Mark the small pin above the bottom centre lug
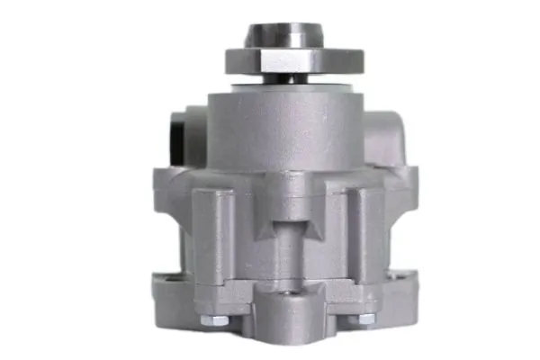[x=290, y=293]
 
